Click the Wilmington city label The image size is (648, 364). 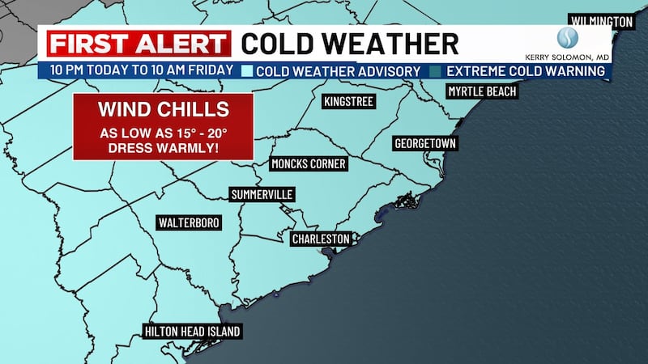click(601, 20)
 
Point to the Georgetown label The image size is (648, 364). click(425, 143)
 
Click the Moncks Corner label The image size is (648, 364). click(309, 163)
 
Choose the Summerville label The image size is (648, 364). click(262, 194)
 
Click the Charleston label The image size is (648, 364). click(322, 239)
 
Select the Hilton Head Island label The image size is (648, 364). click(192, 331)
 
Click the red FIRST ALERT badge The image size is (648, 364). click(136, 43)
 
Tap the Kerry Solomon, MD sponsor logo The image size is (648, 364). click(578, 44)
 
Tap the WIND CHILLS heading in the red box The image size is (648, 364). click(163, 108)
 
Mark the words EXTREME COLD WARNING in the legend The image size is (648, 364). click(524, 70)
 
